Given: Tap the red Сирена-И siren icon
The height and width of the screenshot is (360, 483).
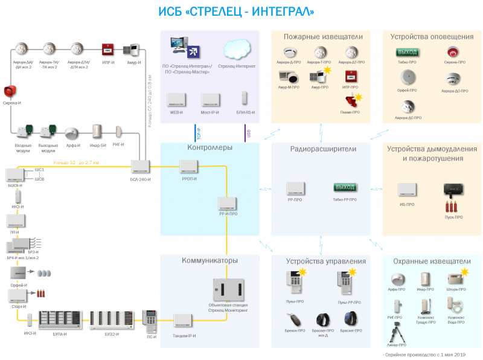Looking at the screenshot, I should tap(9, 92).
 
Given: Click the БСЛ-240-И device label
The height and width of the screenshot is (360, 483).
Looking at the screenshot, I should tap(140, 180).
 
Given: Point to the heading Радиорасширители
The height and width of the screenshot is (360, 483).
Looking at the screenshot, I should tap(323, 149).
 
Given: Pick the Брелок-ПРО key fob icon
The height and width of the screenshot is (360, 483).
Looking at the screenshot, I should tap(295, 318).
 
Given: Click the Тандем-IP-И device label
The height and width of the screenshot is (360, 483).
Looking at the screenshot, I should tap(184, 335).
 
